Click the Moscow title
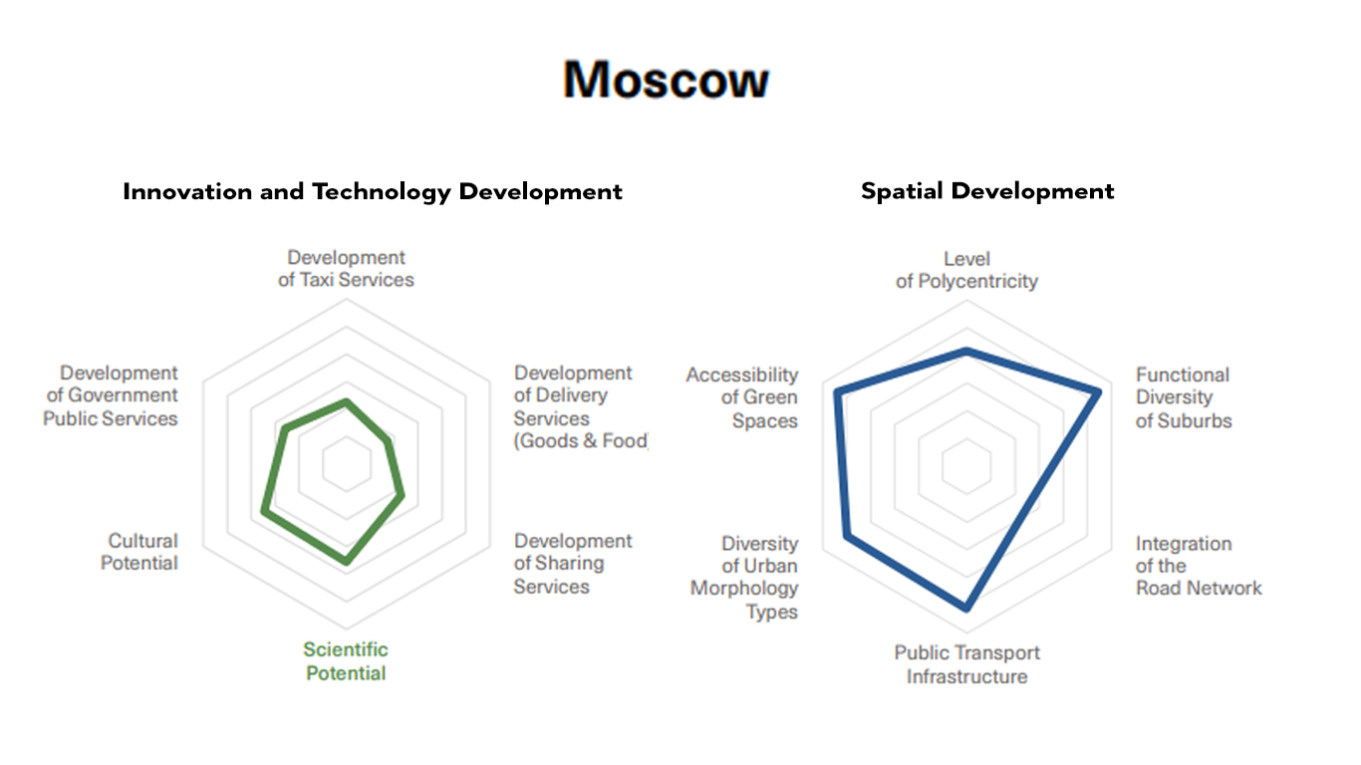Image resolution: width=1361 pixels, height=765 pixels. tap(666, 79)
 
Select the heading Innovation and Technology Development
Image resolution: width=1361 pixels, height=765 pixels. tap(373, 192)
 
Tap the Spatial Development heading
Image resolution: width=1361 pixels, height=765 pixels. tap(987, 191)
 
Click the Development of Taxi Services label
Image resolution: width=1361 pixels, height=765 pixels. tap(346, 269)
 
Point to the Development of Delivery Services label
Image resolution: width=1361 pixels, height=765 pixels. tap(580, 406)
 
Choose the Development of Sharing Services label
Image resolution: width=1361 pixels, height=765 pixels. tap(572, 563)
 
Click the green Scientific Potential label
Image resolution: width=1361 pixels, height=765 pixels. tap(346, 661)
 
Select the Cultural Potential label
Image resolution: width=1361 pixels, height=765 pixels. tap(139, 552)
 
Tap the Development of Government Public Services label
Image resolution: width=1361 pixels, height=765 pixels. tap(111, 395)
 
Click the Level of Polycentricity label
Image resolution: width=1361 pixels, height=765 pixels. tap(966, 270)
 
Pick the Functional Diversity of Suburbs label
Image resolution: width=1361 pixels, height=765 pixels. tap(1184, 397)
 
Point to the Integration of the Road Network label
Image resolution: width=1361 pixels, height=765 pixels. tap(1199, 566)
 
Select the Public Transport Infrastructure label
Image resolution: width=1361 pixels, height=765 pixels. tap(966, 664)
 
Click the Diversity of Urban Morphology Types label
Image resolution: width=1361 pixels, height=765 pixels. tap(744, 577)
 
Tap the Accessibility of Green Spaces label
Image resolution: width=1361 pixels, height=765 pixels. tap(742, 397)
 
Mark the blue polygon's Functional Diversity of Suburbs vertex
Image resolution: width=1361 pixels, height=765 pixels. tap(1099, 393)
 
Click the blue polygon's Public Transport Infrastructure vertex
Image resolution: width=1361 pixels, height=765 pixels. tap(966, 607)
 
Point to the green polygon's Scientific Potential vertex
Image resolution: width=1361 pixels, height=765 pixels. tap(347, 561)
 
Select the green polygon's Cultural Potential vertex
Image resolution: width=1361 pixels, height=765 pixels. tap(264, 512)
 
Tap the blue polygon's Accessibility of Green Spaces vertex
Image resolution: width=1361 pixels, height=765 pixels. tap(837, 391)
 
